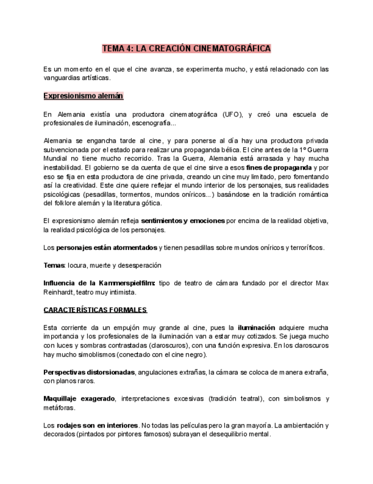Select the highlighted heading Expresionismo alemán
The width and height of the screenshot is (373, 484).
point(83,96)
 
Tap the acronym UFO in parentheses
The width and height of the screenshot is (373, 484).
point(232,114)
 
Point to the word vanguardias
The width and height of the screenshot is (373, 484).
point(63,78)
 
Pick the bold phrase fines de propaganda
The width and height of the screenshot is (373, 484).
point(278,168)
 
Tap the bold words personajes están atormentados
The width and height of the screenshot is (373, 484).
point(106,248)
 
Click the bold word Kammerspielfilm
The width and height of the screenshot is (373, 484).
point(126,283)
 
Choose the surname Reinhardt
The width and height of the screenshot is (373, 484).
point(62,292)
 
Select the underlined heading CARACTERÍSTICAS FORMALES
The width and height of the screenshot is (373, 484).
point(95,310)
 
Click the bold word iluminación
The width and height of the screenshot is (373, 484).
point(256,328)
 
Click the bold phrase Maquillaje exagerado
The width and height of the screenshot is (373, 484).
point(79,398)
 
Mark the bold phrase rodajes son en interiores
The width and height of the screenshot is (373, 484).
point(97,425)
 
